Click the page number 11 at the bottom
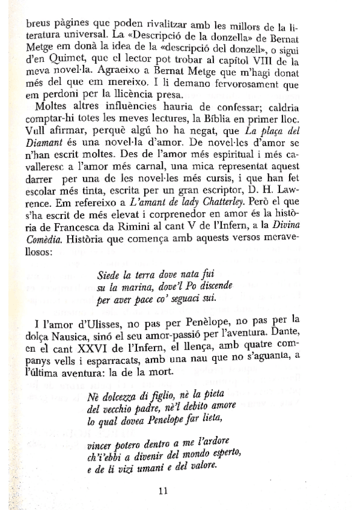point(163,490)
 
